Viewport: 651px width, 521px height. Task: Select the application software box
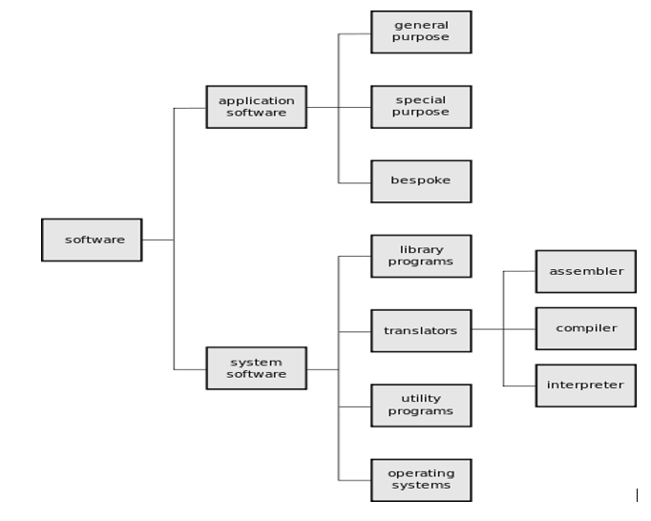coord(256,107)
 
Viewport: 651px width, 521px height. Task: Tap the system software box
coord(256,367)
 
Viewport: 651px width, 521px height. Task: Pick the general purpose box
coord(420,31)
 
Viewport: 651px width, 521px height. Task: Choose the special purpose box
coord(420,106)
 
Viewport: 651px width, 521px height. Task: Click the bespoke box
coord(420,180)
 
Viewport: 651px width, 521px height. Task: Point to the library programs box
coord(420,256)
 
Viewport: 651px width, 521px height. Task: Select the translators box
coord(420,331)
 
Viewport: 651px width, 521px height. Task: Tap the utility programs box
coord(420,405)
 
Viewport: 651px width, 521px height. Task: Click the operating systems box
coord(420,479)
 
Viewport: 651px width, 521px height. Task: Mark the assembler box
coord(585,271)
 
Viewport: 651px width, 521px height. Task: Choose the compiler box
coord(585,328)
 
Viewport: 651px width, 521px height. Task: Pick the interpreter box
coord(585,386)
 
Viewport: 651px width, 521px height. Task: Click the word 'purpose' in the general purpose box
coord(420,38)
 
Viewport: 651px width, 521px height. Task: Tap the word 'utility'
coord(420,398)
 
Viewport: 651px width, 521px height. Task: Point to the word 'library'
coord(420,249)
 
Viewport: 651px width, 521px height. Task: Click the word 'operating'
coord(420,472)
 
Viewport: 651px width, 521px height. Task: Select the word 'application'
coord(256,100)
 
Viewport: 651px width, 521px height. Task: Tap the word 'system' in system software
coord(256,362)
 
